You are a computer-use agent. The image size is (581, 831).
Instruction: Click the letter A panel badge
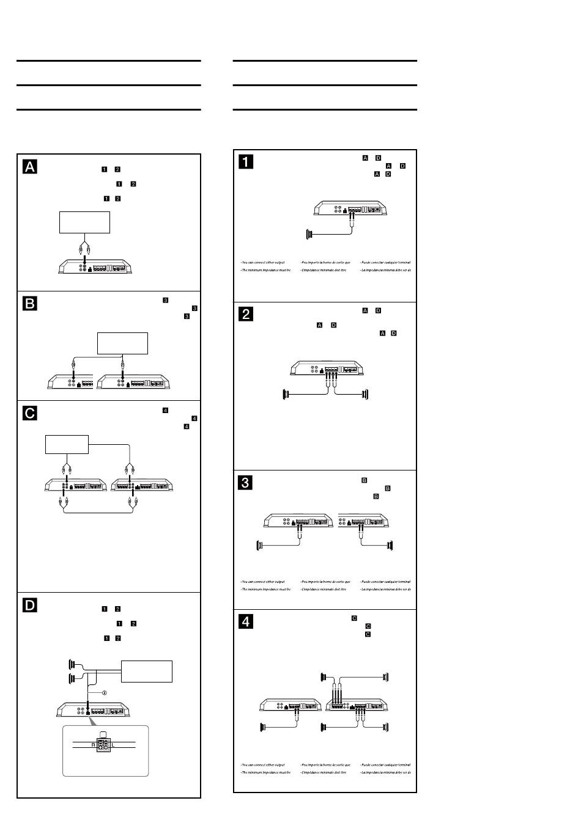(x=30, y=167)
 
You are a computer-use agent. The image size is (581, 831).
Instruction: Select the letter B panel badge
(x=30, y=304)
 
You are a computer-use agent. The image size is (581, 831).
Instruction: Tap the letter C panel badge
(x=30, y=414)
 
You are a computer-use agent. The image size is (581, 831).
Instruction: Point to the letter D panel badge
(x=30, y=606)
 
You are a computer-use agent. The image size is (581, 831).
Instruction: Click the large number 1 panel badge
(x=246, y=162)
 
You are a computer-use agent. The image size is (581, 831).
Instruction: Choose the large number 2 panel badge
(x=246, y=314)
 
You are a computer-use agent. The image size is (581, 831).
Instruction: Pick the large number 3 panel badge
(x=246, y=483)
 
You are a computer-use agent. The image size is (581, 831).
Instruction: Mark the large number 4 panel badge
(x=246, y=622)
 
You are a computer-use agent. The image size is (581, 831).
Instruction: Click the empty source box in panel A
(x=84, y=222)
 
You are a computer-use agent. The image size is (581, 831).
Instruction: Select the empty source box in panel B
(x=123, y=343)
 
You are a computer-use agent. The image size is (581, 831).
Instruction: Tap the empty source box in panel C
(x=67, y=444)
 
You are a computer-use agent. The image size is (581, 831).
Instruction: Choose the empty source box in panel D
(x=147, y=671)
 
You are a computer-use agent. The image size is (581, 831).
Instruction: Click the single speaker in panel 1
(x=309, y=233)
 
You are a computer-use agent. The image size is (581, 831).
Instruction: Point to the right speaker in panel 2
(x=365, y=395)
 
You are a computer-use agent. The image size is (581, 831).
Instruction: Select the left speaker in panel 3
(x=259, y=545)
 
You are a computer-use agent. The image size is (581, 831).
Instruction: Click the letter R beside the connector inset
(x=94, y=745)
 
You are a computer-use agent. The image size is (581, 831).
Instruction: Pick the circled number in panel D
(x=104, y=693)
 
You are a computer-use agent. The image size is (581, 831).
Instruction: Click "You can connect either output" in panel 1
(x=263, y=262)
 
